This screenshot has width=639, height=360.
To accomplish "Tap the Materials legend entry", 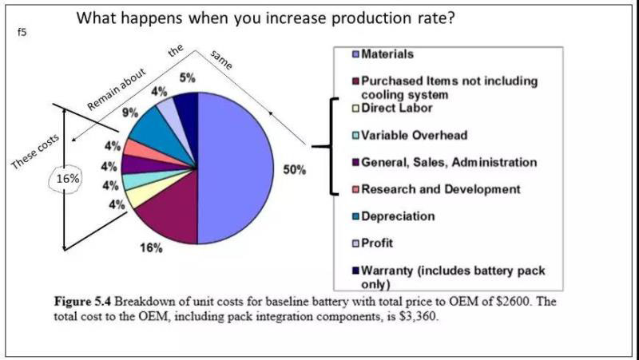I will click(x=387, y=54).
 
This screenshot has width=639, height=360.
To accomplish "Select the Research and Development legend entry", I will click(x=440, y=189).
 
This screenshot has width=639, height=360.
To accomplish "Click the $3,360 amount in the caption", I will click(x=416, y=315).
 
